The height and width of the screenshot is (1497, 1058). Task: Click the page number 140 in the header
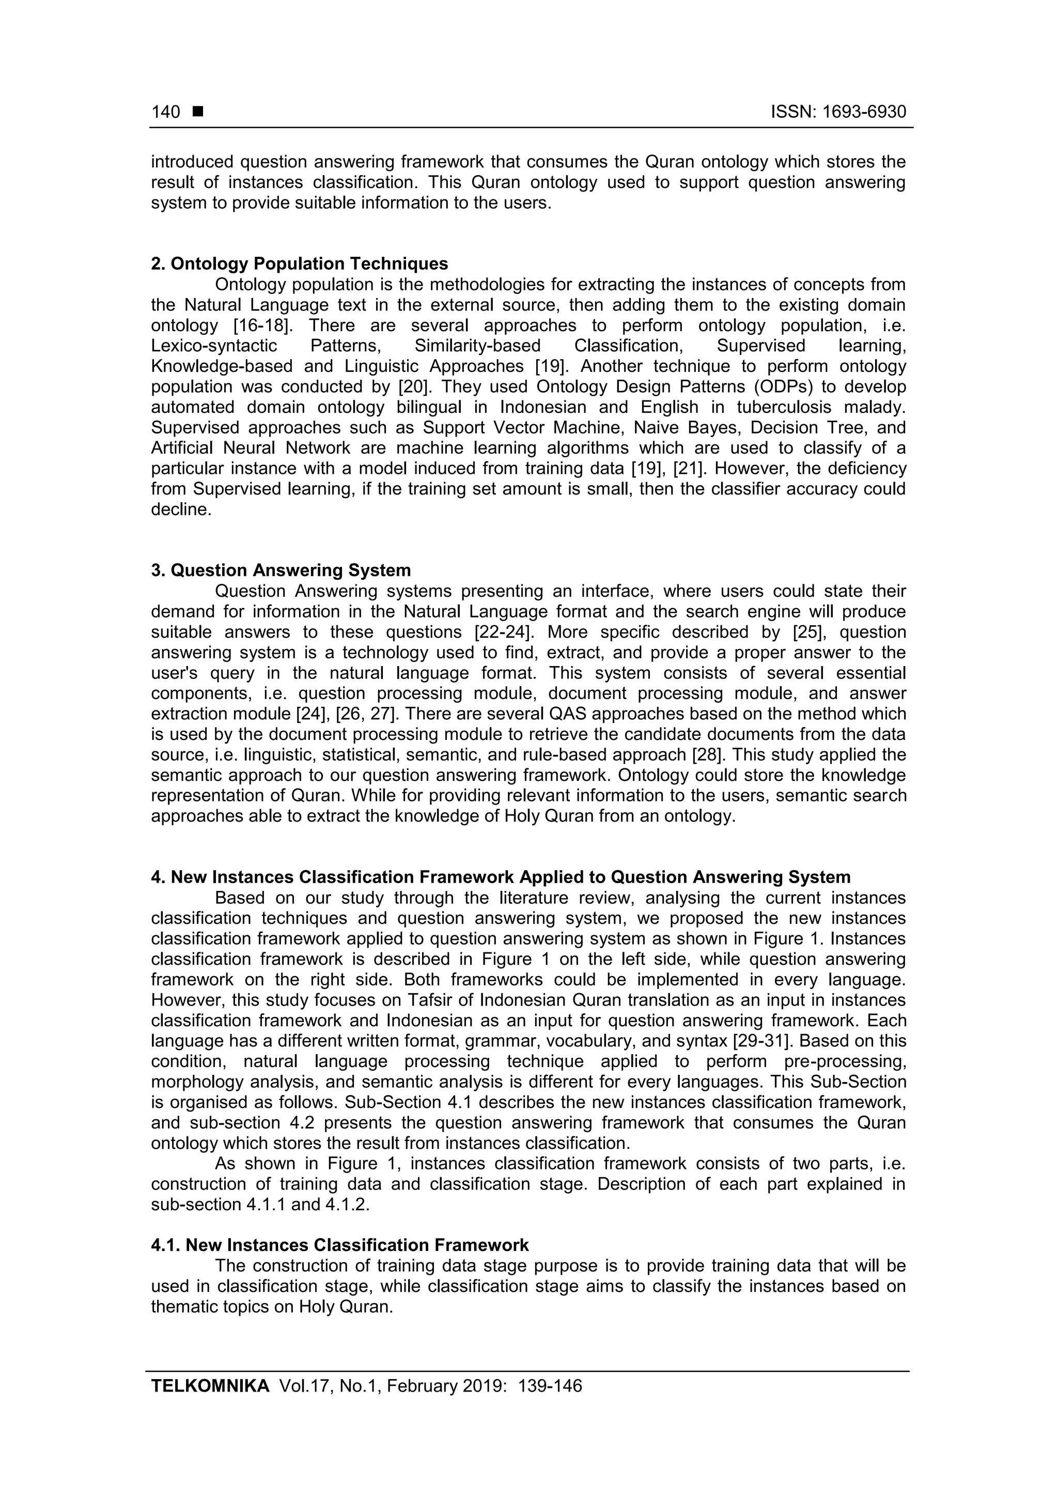pyautogui.click(x=166, y=112)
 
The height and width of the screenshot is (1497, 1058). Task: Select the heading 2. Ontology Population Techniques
pyautogui.click(x=299, y=264)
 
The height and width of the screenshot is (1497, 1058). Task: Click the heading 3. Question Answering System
pyautogui.click(x=281, y=570)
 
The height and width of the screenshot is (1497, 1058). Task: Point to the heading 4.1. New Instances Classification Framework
pyautogui.click(x=339, y=1245)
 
